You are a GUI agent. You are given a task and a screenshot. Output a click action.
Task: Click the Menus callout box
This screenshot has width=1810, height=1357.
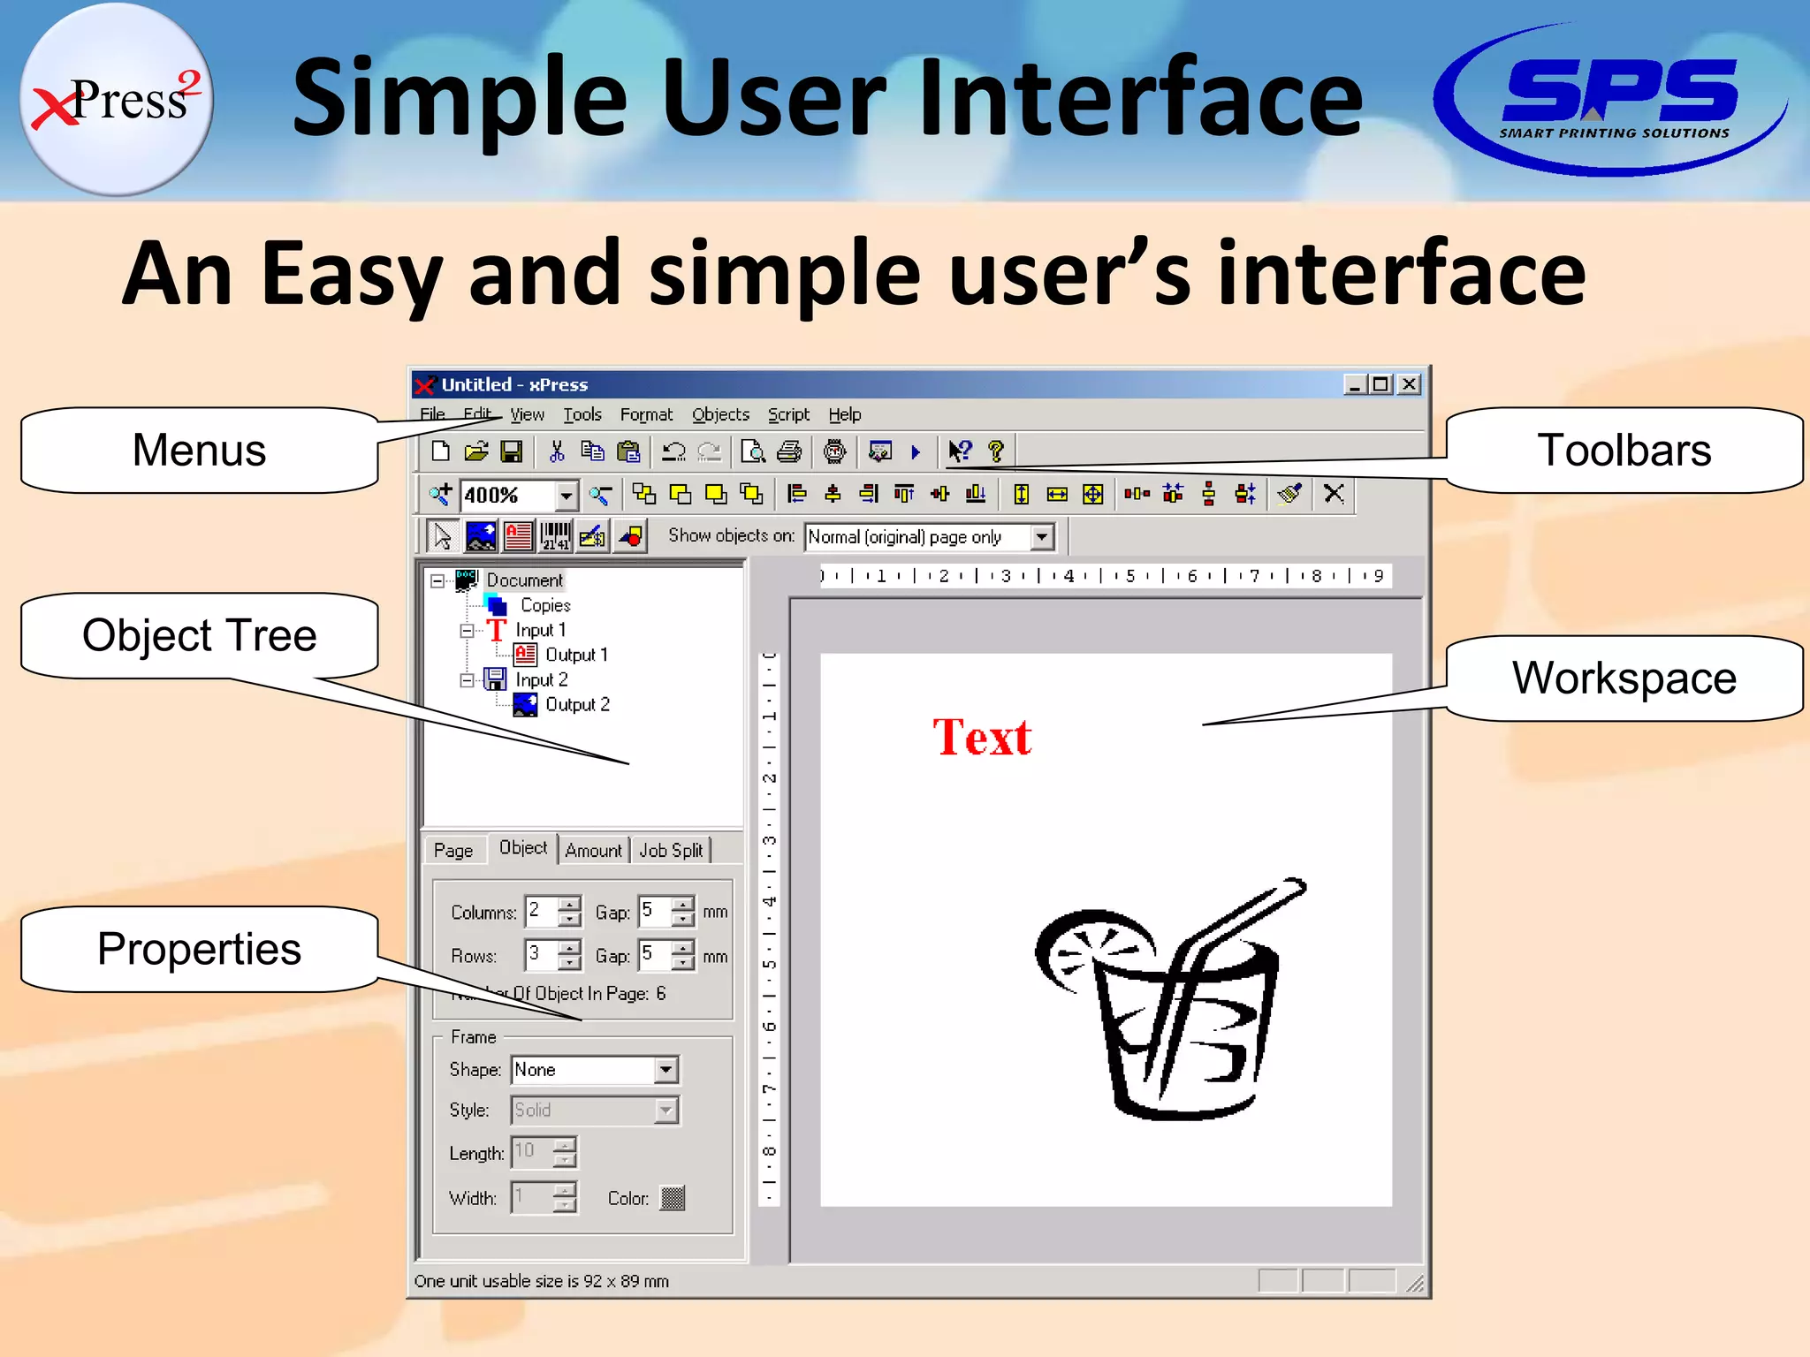(199, 451)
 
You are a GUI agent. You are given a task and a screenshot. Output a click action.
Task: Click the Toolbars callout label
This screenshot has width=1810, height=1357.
(1624, 451)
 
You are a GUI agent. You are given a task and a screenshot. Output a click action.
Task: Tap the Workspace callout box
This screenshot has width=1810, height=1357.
(1624, 678)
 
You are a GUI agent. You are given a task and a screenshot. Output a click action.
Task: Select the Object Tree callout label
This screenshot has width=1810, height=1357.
(199, 635)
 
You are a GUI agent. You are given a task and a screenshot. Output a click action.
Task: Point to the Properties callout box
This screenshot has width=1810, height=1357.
(199, 949)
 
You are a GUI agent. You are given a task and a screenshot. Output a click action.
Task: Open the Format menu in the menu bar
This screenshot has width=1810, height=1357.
(646, 414)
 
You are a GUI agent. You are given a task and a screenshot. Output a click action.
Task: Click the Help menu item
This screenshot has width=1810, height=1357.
(844, 414)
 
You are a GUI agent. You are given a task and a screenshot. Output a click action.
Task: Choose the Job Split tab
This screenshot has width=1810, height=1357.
(671, 850)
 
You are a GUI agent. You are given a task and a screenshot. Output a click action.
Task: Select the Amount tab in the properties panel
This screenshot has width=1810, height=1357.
(593, 850)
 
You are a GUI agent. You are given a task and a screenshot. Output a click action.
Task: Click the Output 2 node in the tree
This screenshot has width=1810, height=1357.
(576, 705)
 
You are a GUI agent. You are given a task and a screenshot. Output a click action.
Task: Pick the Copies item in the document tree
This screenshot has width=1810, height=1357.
(544, 605)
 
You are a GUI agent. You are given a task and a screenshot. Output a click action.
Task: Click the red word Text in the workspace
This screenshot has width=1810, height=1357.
(982, 737)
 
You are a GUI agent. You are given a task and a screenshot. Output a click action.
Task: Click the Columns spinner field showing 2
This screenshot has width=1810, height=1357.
(541, 911)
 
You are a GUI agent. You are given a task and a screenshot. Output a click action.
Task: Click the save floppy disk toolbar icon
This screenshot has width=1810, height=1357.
(511, 452)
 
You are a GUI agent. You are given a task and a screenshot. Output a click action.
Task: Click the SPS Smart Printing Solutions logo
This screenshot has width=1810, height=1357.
(1613, 99)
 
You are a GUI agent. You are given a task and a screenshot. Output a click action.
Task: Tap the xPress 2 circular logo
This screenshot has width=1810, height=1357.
(115, 99)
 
